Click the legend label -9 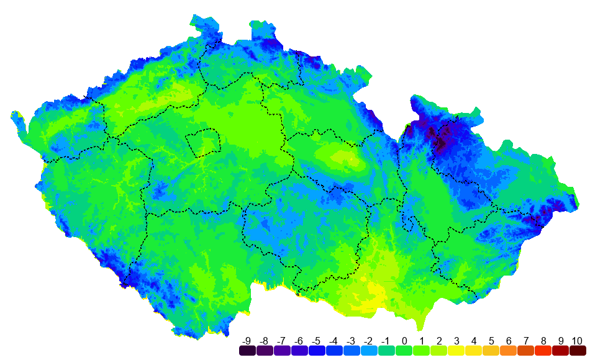click(247, 341)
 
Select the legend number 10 click(577, 341)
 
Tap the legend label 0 click(404, 341)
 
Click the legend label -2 click(369, 341)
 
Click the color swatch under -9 click(247, 351)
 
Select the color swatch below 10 click(577, 351)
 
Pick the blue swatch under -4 click(334, 351)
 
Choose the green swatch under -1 click(386, 351)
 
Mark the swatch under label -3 click(352, 351)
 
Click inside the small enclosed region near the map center click(205, 143)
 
